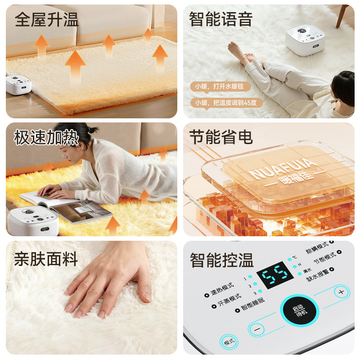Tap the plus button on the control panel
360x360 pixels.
pyautogui.click(x=342, y=292)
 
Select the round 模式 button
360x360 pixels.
pyautogui.click(x=229, y=342)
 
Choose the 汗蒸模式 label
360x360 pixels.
pyautogui.click(x=228, y=301)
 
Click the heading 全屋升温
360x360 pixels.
pyautogui.click(x=46, y=20)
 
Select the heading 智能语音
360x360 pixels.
pyautogui.click(x=221, y=19)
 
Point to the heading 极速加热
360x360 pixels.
pyautogui.click(x=46, y=138)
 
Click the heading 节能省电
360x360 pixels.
pyautogui.click(x=221, y=137)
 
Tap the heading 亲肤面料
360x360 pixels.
pyautogui.click(x=46, y=259)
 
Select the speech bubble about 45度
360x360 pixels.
pyautogui.click(x=226, y=103)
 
